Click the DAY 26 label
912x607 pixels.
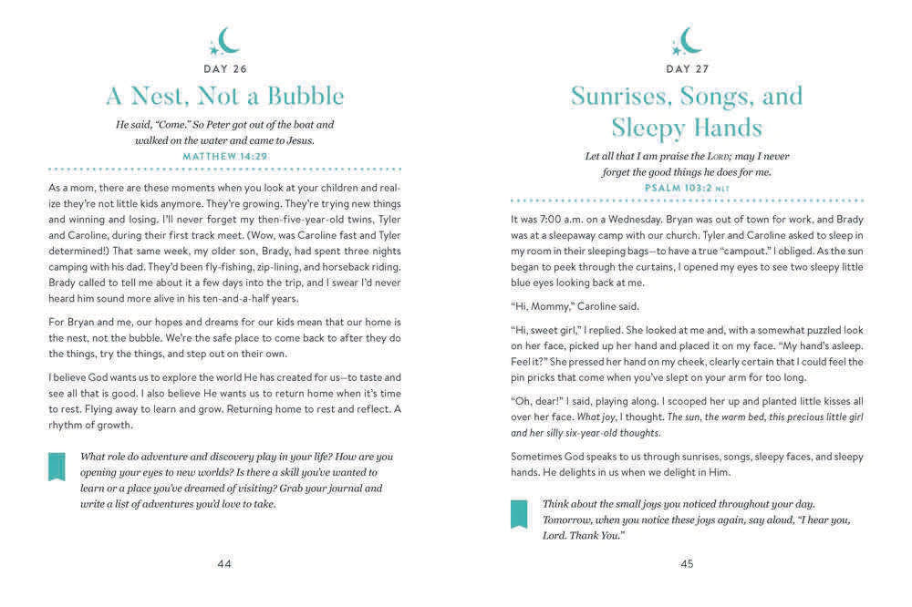(x=224, y=68)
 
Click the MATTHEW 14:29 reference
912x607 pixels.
(x=224, y=156)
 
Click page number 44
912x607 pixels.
(x=224, y=563)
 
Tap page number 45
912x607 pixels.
(x=687, y=563)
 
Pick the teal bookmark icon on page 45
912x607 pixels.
(x=518, y=514)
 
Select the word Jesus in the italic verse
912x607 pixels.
(x=296, y=140)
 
